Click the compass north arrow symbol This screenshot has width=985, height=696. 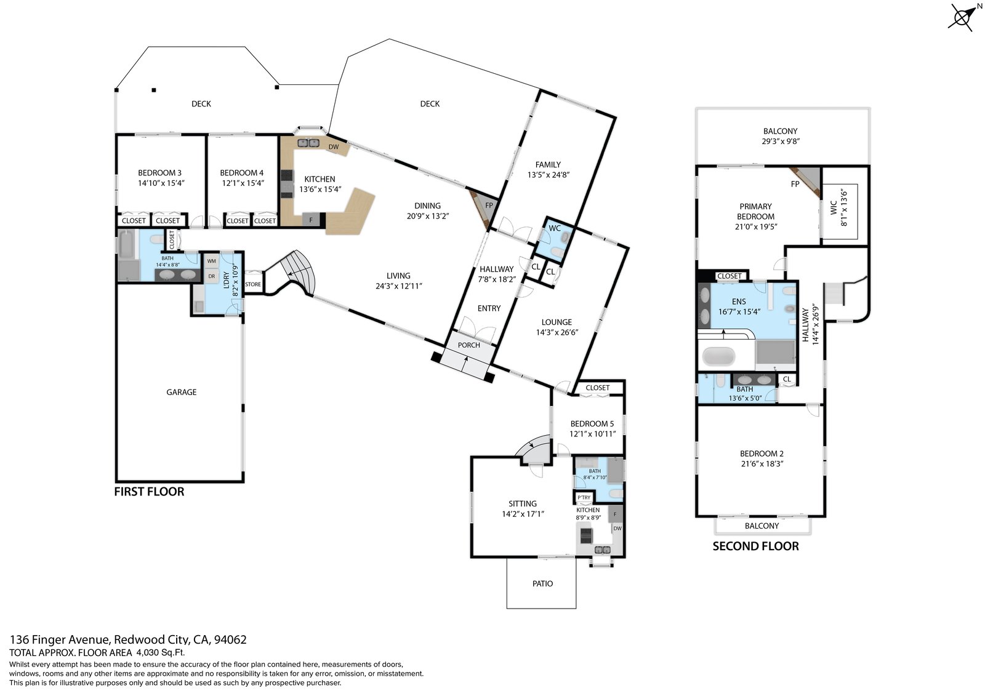963,17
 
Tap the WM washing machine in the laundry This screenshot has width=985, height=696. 212,261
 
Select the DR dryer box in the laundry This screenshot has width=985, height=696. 212,276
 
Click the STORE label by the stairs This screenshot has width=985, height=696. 253,284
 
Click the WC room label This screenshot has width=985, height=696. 555,228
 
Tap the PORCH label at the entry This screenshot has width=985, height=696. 468,345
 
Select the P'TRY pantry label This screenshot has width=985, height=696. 584,498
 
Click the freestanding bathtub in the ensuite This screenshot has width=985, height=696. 718,356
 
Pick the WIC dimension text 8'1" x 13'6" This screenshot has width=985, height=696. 843,207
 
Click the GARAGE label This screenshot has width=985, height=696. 181,392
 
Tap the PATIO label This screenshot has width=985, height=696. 542,583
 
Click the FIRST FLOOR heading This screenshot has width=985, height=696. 149,492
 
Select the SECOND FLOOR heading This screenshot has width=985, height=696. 755,546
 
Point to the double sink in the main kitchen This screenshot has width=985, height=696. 308,143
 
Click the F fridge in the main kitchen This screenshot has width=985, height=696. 311,220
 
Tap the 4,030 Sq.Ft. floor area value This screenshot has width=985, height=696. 160,652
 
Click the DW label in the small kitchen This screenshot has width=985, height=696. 617,529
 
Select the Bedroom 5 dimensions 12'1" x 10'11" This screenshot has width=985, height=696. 592,433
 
